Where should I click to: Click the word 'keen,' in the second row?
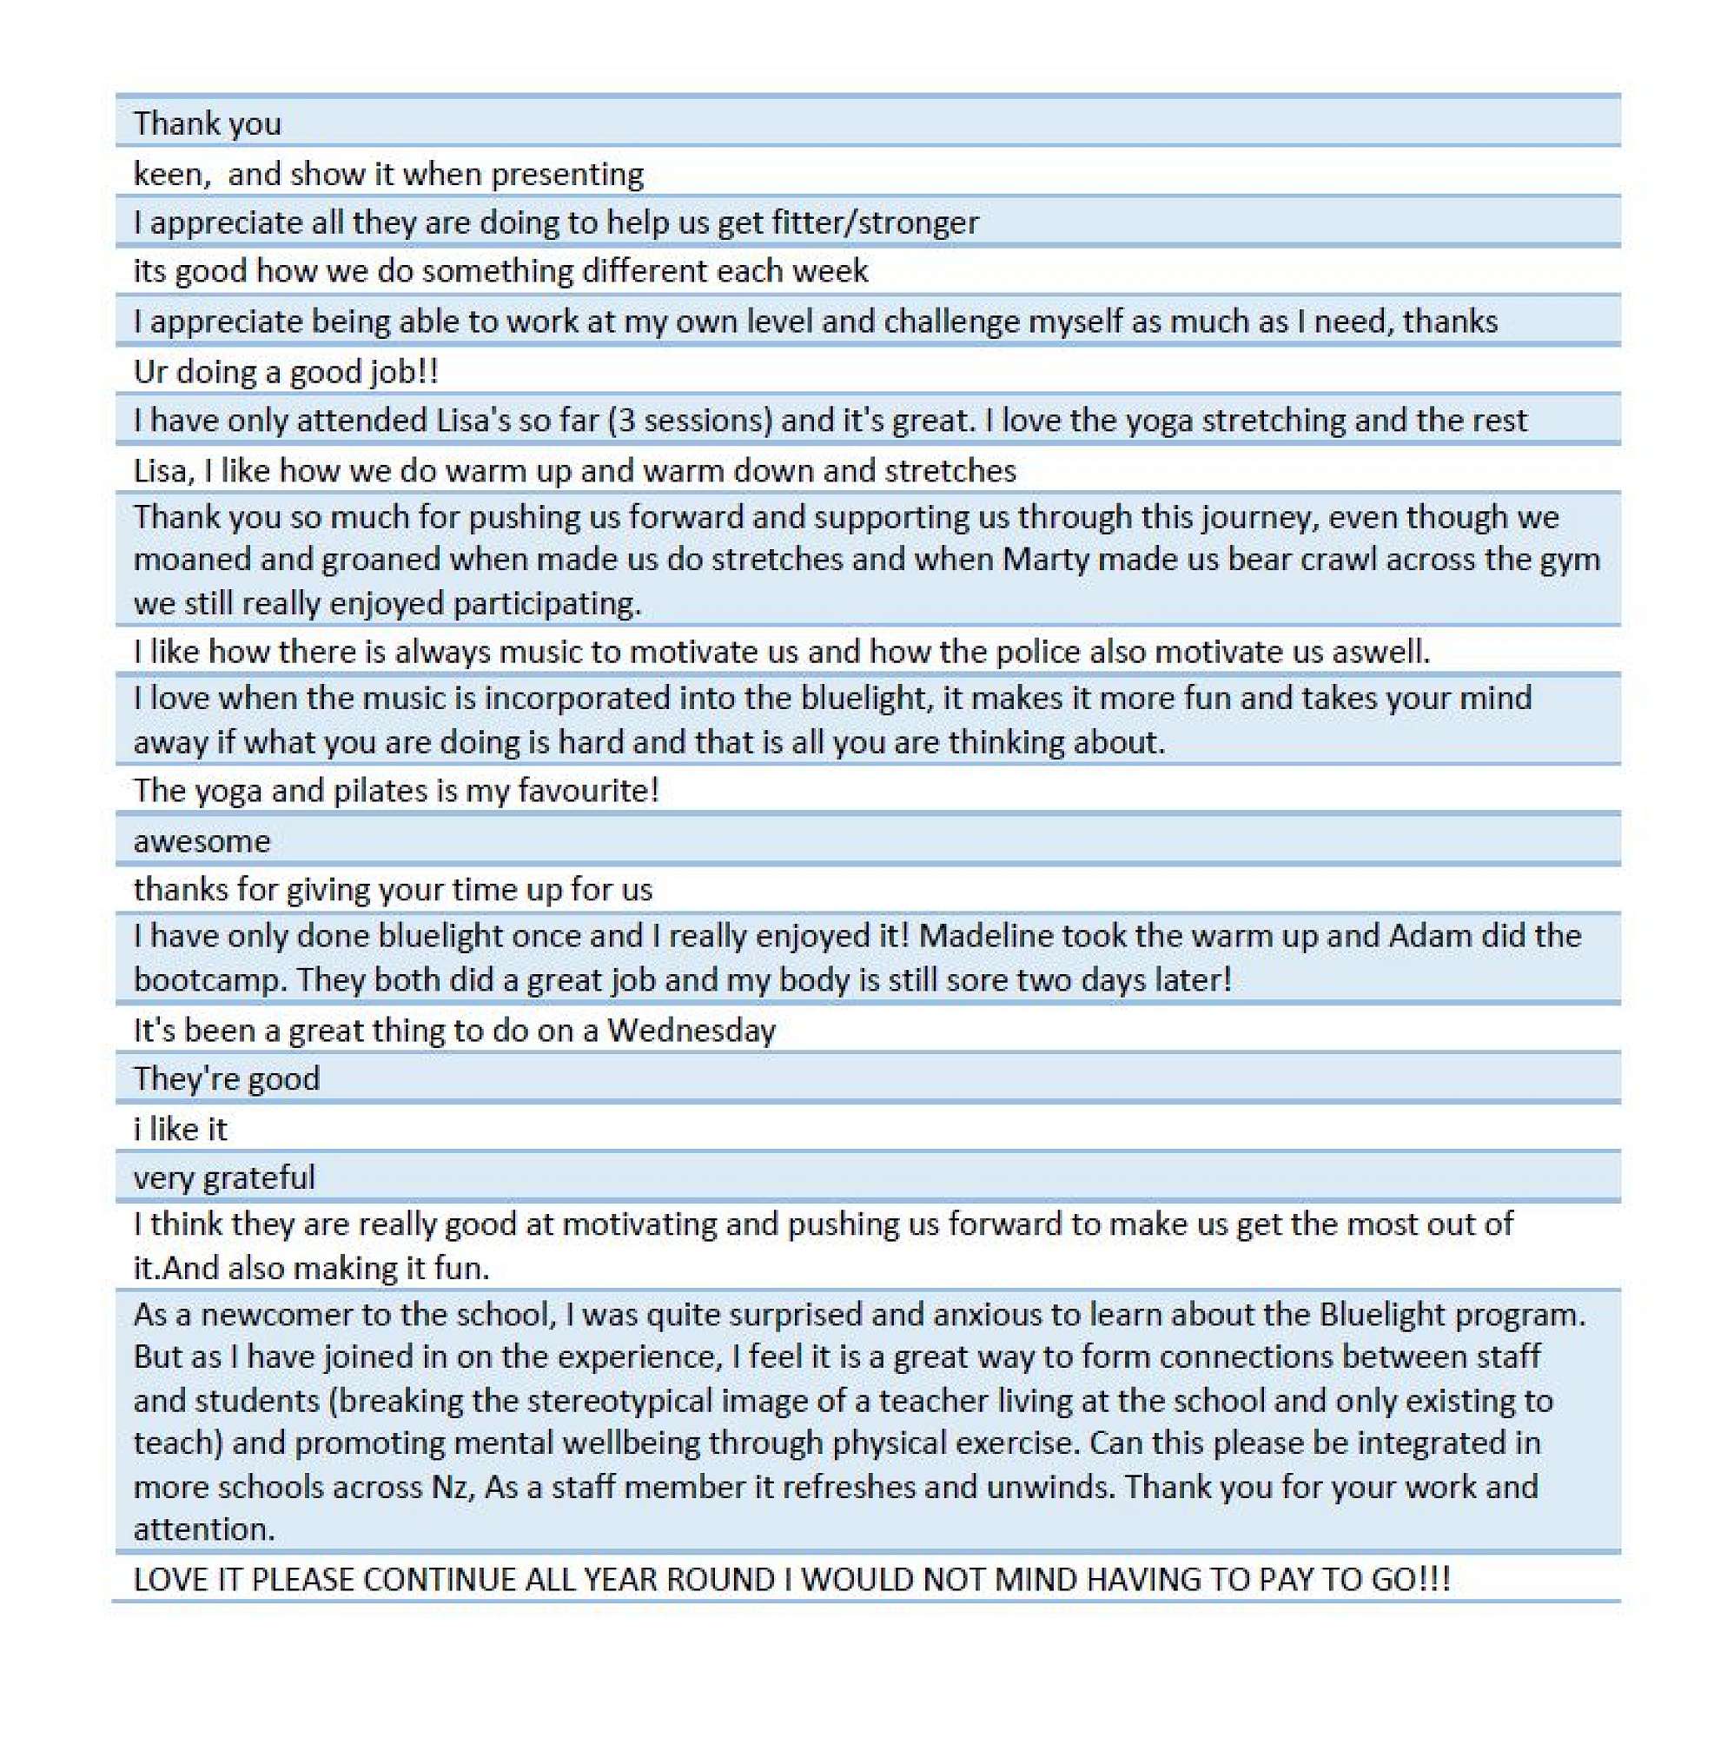click(172, 174)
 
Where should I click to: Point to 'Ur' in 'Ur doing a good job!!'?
click(149, 372)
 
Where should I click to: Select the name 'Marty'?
click(1045, 560)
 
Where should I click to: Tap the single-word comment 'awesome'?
click(202, 841)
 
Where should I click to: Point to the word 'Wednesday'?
click(691, 1030)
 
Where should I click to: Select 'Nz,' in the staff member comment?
click(453, 1486)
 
